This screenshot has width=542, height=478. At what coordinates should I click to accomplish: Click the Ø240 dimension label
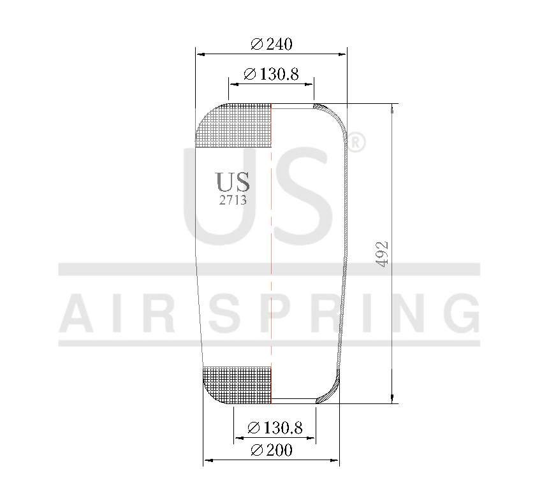tap(271, 44)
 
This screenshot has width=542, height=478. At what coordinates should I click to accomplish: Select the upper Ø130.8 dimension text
tap(271, 75)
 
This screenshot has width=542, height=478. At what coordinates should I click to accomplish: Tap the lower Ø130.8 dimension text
tap(274, 428)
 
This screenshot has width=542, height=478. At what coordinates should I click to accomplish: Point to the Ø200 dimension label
tap(272, 451)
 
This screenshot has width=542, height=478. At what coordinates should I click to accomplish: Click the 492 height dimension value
tap(381, 254)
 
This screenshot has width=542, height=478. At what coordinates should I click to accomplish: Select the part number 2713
tap(233, 199)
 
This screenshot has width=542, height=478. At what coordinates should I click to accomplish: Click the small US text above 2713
tap(233, 182)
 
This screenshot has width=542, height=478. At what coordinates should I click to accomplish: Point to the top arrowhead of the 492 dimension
tap(391, 108)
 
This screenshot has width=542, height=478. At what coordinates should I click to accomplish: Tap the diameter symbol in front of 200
tap(257, 451)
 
